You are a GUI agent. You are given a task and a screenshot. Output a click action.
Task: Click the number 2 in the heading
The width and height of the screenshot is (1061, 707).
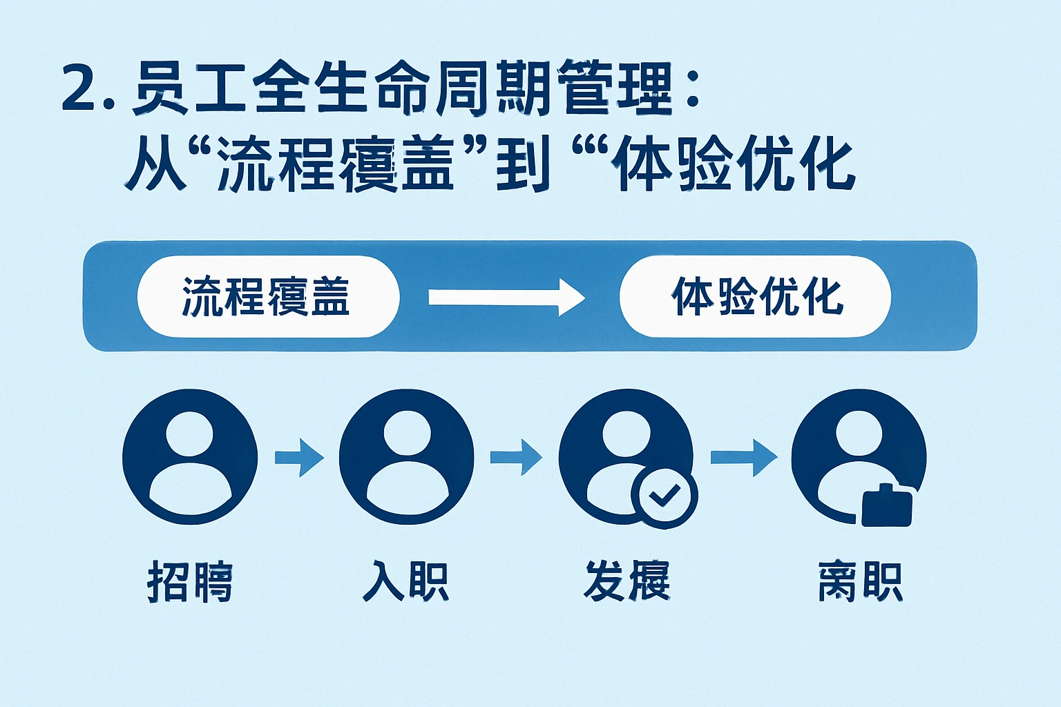[x=82, y=89]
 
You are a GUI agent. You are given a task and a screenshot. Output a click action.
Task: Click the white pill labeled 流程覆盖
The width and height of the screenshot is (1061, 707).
[x=268, y=297]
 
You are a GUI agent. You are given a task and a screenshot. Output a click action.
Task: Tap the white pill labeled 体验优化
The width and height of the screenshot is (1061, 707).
[x=756, y=297]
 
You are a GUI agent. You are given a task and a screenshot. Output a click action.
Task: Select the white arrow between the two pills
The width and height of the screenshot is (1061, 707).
[x=506, y=298]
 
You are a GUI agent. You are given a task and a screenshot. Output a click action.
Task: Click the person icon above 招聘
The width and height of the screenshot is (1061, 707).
[x=190, y=456]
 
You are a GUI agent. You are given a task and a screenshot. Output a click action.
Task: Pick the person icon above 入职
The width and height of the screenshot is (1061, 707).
[x=406, y=456]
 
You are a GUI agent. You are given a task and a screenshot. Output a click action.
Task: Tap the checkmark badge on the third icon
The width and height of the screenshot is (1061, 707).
[x=665, y=494]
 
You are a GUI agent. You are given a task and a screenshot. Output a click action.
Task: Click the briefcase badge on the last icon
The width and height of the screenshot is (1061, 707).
[x=888, y=507]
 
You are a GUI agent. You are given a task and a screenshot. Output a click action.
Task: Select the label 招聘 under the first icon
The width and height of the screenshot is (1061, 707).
[x=190, y=581]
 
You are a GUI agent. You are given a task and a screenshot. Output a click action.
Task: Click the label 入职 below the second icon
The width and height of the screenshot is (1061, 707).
[x=406, y=581]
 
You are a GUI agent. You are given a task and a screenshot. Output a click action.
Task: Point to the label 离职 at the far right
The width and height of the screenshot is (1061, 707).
[x=860, y=581]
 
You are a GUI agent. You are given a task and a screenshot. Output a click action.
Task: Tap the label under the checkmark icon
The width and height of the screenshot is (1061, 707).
[x=627, y=581]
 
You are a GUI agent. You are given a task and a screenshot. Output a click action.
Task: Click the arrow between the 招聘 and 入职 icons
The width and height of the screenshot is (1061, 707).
[x=300, y=457]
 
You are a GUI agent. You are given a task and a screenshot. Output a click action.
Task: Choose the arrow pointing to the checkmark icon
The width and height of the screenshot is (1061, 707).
[x=516, y=457]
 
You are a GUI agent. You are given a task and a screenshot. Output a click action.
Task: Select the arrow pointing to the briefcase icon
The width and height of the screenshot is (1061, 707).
[x=744, y=457]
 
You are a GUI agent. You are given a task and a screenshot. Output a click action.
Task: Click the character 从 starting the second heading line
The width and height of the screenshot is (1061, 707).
[x=155, y=166]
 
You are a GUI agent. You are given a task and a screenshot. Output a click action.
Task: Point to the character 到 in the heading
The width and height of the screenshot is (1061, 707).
[x=523, y=166]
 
